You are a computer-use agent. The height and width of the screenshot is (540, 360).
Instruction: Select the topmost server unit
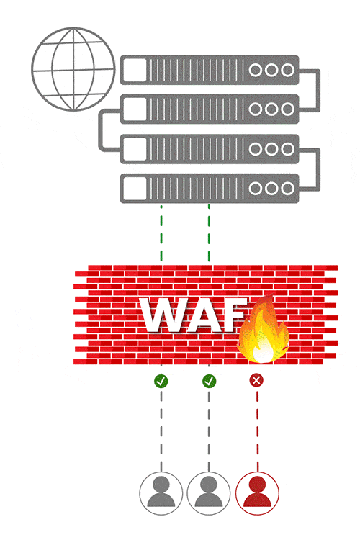[209, 70]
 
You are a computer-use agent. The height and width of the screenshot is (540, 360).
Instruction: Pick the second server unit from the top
[209, 109]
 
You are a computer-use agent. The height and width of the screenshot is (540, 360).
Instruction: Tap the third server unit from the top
[209, 148]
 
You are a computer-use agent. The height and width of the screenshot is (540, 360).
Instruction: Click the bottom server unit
[209, 188]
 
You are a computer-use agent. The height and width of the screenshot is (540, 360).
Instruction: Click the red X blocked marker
[256, 380]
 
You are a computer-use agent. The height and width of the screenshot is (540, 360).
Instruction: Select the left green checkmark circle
[161, 380]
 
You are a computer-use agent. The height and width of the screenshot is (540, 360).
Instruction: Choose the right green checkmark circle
[209, 380]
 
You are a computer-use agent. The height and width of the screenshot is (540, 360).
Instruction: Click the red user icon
[257, 492]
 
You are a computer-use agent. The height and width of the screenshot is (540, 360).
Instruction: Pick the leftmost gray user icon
[161, 492]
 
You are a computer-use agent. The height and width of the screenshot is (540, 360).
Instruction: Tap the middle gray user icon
[209, 492]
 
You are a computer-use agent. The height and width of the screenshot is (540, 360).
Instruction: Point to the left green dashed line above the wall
[161, 234]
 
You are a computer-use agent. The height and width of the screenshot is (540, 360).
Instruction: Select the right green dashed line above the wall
[209, 234]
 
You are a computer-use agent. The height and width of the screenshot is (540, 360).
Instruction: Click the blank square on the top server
[135, 70]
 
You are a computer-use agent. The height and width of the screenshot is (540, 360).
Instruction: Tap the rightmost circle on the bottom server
[287, 188]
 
